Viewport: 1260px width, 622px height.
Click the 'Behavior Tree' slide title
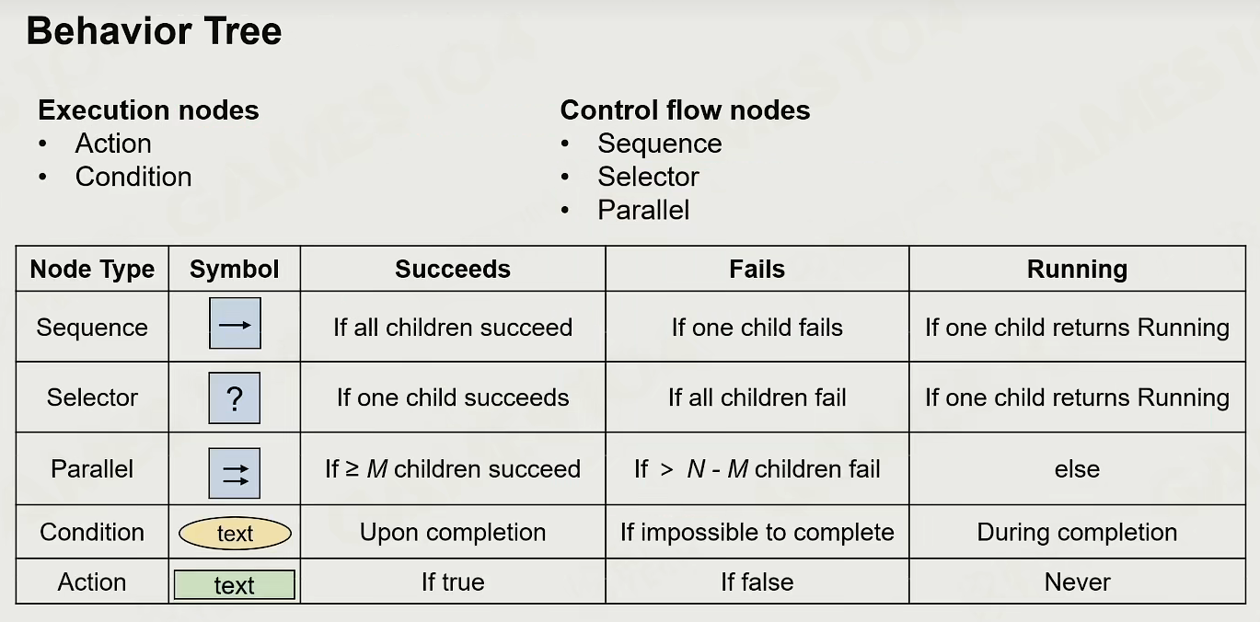pyautogui.click(x=154, y=31)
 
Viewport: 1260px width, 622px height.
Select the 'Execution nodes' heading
pyautogui.click(x=148, y=110)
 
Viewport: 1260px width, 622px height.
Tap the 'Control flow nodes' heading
pyautogui.click(x=685, y=110)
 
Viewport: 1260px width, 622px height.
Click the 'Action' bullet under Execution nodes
pyautogui.click(x=113, y=144)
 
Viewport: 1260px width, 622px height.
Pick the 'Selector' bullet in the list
pyautogui.click(x=648, y=177)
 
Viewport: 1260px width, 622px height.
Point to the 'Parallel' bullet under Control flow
pyautogui.click(x=643, y=210)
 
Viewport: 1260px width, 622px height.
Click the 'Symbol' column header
pyautogui.click(x=234, y=269)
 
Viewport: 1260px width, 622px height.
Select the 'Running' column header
pyautogui.click(x=1077, y=269)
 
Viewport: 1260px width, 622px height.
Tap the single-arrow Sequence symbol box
pyautogui.click(x=235, y=323)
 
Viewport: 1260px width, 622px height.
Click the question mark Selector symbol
pyautogui.click(x=235, y=397)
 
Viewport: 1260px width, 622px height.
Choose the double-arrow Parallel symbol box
pyautogui.click(x=235, y=473)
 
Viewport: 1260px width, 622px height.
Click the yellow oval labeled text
pyautogui.click(x=235, y=533)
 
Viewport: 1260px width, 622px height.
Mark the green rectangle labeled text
pyautogui.click(x=235, y=585)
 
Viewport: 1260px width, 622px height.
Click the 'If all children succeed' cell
pyautogui.click(x=453, y=328)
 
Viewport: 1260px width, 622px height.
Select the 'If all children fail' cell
pyautogui.click(x=757, y=397)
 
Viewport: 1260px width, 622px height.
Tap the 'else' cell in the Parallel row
pyautogui.click(x=1077, y=469)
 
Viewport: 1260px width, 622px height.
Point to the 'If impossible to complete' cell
pyautogui.click(x=757, y=532)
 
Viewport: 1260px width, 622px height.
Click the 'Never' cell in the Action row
pyautogui.click(x=1077, y=582)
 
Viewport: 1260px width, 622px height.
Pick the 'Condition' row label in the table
pyautogui.click(x=92, y=532)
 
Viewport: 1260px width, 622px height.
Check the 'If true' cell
pyautogui.click(x=453, y=582)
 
